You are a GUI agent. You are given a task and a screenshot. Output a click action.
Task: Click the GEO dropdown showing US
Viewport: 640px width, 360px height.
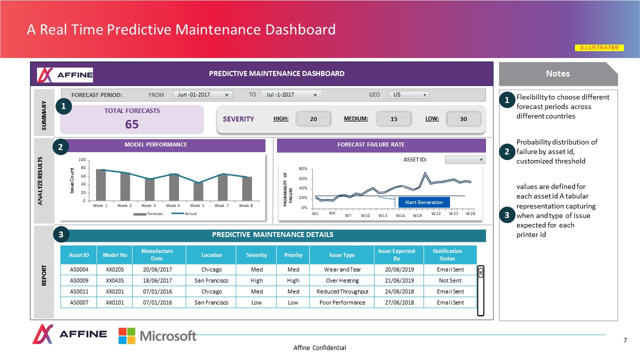tap(408, 95)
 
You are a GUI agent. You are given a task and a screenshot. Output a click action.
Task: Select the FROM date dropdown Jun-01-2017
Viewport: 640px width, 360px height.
tap(202, 95)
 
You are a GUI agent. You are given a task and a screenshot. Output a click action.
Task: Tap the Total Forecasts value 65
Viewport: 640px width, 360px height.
tap(132, 124)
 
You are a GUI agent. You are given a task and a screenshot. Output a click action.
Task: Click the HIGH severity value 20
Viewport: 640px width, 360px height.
tap(313, 118)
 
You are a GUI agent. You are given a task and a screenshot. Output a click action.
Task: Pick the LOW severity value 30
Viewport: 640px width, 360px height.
tap(463, 118)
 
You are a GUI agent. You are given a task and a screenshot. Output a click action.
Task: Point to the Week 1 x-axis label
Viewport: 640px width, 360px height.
tap(100, 205)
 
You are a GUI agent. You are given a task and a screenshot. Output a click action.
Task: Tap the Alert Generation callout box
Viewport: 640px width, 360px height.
tap(423, 202)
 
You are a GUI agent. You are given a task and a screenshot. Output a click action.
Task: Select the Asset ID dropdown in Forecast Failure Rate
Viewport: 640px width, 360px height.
tap(465, 159)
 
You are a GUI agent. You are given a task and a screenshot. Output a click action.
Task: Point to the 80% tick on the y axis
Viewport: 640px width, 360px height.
tap(303, 169)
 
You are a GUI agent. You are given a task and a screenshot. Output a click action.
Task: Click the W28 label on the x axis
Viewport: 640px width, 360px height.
tap(470, 214)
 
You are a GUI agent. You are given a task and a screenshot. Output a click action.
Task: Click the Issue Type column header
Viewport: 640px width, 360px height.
tap(342, 255)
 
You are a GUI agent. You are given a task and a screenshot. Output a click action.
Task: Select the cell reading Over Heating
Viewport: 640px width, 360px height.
tap(342, 280)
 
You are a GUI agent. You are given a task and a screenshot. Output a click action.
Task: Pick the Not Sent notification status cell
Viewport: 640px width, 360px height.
tap(449, 280)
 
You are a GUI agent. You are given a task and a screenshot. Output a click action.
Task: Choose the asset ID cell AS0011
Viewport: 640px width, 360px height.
tap(79, 291)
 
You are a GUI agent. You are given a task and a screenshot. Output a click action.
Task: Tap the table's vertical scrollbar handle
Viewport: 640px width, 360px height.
tap(480, 273)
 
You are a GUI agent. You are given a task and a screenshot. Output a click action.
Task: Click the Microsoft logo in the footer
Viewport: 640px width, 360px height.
tap(157, 335)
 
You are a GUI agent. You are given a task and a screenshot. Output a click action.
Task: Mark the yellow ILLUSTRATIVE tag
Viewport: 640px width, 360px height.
tap(599, 48)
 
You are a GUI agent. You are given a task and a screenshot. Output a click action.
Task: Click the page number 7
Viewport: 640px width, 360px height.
tap(625, 340)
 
